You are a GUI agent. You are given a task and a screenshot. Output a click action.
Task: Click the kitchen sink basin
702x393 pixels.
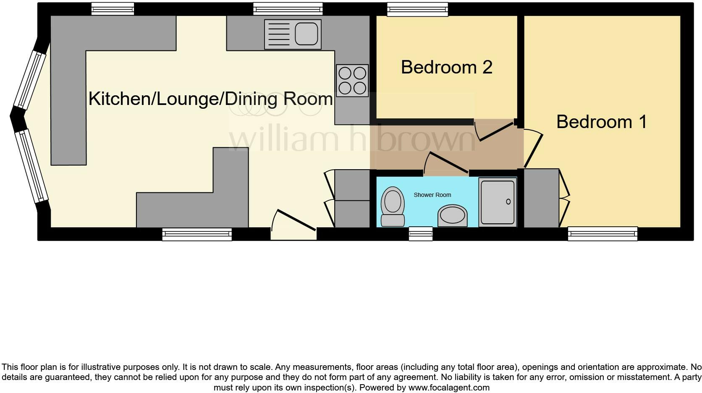tap(306, 34)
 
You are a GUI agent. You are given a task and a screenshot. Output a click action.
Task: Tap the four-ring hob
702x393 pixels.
tap(352, 81)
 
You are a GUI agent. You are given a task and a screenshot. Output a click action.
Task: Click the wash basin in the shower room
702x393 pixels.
tap(452, 216)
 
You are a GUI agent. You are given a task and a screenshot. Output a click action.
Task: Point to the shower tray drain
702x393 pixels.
tap(508, 202)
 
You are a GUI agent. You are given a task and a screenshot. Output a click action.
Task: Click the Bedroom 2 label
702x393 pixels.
tap(446, 68)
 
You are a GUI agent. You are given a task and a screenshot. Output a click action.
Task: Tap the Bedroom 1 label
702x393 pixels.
tap(601, 122)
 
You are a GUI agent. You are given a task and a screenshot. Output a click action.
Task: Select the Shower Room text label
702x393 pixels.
tap(432, 195)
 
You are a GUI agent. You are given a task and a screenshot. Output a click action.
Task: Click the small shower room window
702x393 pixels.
tap(421, 234)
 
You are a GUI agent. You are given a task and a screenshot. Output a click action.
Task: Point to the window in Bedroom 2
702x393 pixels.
tap(417, 9)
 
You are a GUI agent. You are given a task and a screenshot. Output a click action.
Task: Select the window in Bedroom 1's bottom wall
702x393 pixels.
tap(602, 234)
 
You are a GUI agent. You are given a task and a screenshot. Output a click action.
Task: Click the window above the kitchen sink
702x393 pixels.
tap(288, 9)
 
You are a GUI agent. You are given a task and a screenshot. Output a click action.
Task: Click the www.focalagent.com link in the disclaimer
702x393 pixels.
tap(449, 388)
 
